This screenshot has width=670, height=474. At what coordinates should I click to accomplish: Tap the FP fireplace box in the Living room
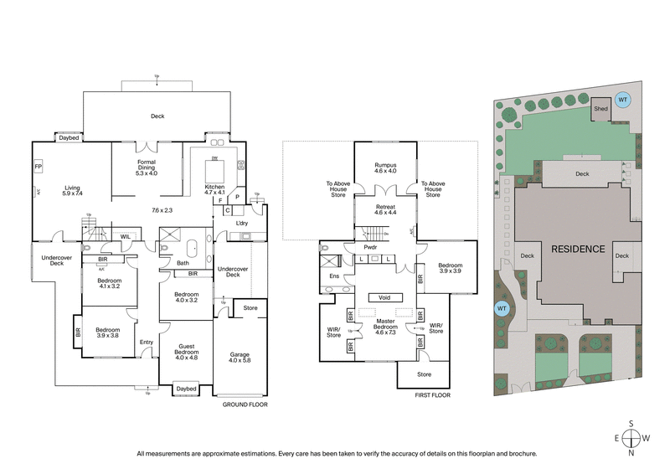[x=38, y=167]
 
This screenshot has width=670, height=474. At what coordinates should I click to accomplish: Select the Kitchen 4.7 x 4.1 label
[x=215, y=189]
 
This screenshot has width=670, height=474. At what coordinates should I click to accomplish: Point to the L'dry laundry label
[x=243, y=224]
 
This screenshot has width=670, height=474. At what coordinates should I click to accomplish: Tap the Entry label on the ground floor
[x=147, y=341]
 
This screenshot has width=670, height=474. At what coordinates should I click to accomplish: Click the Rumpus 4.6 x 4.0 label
[x=384, y=168]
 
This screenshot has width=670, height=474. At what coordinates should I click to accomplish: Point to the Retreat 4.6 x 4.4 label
[x=384, y=209]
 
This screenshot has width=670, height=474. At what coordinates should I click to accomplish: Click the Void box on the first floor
[x=384, y=297]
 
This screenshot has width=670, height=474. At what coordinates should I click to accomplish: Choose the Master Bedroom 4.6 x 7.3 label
[x=384, y=327]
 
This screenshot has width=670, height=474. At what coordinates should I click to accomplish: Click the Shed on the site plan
[x=600, y=109]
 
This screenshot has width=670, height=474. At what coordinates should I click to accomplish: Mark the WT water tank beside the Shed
[x=622, y=100]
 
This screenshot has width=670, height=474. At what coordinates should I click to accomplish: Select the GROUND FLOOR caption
[x=245, y=404]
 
